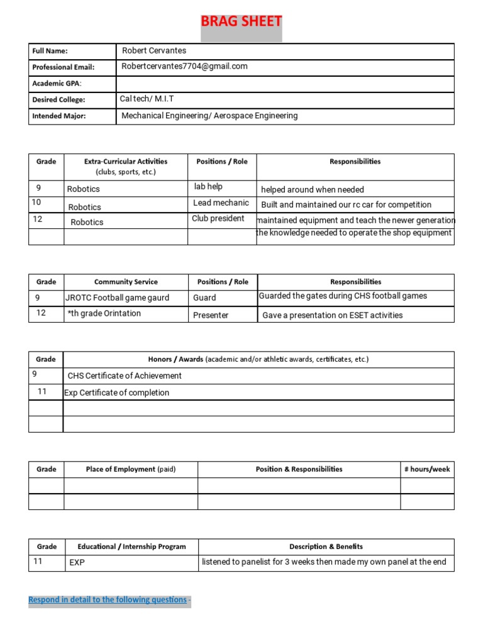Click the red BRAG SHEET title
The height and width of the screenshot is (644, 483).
tap(241, 22)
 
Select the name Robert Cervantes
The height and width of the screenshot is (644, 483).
tap(154, 51)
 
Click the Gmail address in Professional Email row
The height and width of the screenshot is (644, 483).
tap(184, 67)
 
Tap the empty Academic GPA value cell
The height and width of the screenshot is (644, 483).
tap(284, 84)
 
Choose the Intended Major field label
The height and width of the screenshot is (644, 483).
tap(59, 116)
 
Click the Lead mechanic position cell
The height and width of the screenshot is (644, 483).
tap(221, 203)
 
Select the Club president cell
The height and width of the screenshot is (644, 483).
tap(218, 219)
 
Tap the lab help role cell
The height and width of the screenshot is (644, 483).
tap(208, 187)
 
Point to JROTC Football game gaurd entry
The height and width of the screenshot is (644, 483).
tap(118, 298)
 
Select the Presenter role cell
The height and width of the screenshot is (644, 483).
tap(211, 315)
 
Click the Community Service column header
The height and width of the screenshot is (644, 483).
tap(126, 282)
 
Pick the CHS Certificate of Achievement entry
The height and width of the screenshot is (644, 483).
tap(125, 376)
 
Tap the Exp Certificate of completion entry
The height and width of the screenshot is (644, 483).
tap(117, 393)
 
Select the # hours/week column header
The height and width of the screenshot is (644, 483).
tap(427, 469)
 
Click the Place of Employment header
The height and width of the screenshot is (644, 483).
tap(131, 469)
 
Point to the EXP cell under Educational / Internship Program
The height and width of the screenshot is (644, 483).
tap(77, 563)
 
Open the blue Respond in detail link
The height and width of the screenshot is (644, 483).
tap(108, 600)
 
